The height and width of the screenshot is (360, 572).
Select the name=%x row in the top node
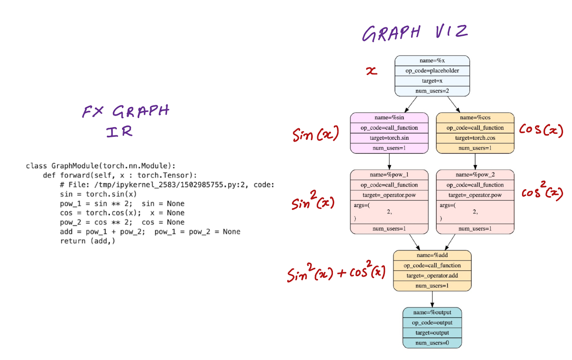click(432, 61)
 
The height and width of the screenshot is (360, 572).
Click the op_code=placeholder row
click(432, 71)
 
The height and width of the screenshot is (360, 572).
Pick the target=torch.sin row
click(389, 138)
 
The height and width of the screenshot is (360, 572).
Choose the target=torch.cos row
click(475, 138)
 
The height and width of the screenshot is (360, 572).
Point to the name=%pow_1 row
click(389, 175)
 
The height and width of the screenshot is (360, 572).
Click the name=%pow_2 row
click(475, 175)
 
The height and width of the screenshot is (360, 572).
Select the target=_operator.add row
click(432, 276)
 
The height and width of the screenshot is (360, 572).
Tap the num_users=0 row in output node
click(432, 343)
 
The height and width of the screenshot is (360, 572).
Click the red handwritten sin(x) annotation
click(316, 135)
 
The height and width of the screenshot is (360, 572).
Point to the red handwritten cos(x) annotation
click(541, 129)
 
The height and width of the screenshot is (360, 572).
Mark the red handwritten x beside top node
click(371, 71)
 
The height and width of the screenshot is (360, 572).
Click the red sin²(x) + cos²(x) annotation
click(336, 273)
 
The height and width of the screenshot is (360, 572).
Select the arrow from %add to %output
click(432, 299)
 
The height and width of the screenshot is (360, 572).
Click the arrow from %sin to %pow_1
click(389, 161)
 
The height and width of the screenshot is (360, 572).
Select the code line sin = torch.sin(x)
click(98, 194)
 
